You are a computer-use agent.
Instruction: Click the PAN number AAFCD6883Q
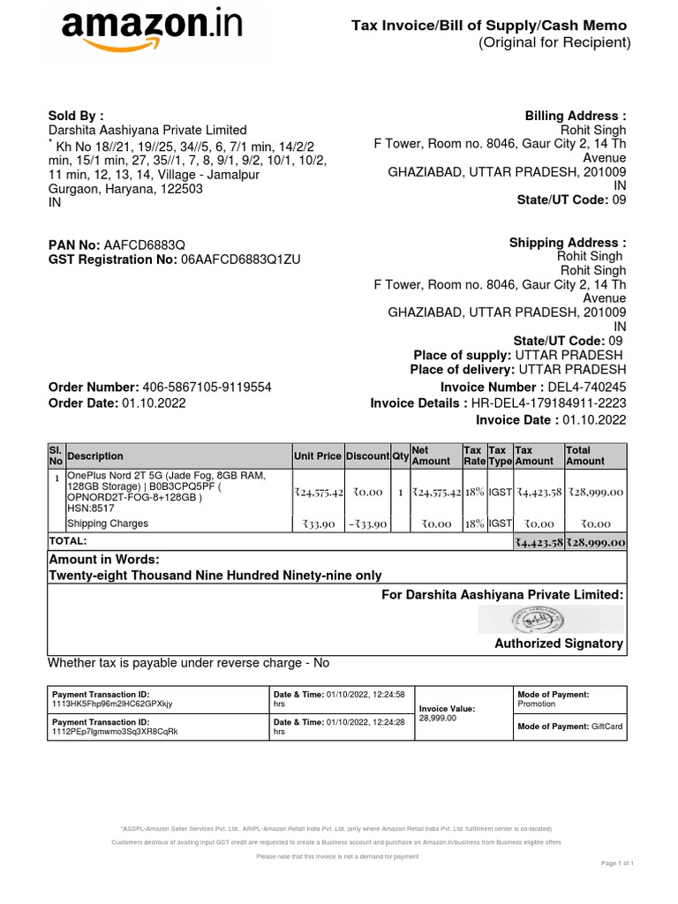point(145,245)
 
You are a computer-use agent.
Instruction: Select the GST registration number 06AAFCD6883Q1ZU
point(241,260)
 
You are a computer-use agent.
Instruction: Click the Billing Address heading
point(576,116)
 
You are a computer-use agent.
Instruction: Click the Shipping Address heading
point(568,243)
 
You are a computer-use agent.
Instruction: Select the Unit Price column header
point(317,456)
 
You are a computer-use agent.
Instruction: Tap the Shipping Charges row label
point(108,524)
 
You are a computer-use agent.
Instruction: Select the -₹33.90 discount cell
point(366,524)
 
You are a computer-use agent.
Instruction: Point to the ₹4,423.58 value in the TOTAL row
point(539,542)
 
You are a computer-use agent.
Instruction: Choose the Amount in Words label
point(104,561)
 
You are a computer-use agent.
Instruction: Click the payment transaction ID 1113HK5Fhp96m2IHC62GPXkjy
point(113,704)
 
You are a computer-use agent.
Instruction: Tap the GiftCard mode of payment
point(607,726)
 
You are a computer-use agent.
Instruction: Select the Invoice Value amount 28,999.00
point(438,719)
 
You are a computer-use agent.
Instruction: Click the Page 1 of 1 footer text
point(618,863)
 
